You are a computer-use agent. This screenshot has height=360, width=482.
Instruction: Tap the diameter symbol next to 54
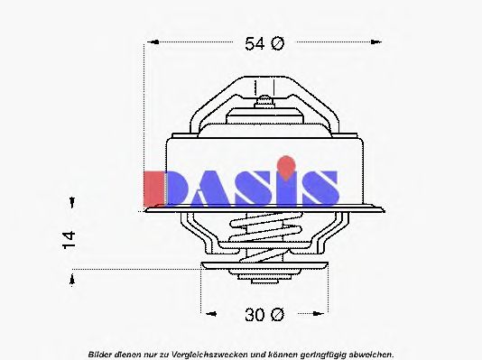click(277, 42)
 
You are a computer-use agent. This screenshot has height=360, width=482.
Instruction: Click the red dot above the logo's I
click(286, 164)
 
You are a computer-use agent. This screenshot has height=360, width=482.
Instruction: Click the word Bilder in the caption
click(101, 353)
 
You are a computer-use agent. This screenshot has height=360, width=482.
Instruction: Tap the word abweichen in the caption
click(370, 353)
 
